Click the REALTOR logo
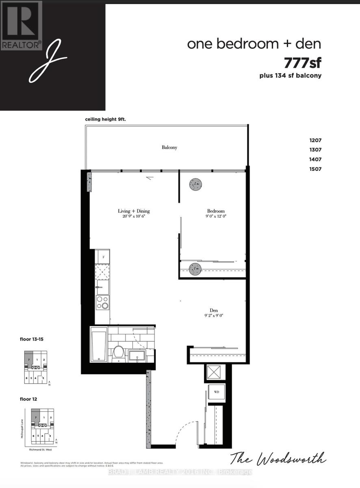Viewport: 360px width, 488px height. point(21,25)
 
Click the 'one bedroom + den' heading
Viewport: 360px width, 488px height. point(254,44)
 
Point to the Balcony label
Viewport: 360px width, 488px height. point(169,148)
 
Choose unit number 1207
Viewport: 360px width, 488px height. point(315,140)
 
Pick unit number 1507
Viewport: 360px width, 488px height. point(315,169)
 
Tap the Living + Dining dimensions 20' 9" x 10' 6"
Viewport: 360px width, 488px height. point(134,217)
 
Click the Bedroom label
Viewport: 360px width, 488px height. point(216,211)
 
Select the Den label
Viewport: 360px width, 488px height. point(214,310)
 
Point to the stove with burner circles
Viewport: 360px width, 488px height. point(102,303)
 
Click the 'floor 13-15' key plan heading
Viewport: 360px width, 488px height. point(34,338)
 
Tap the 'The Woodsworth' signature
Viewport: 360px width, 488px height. point(278,459)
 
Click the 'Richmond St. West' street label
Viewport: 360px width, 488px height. point(41,449)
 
